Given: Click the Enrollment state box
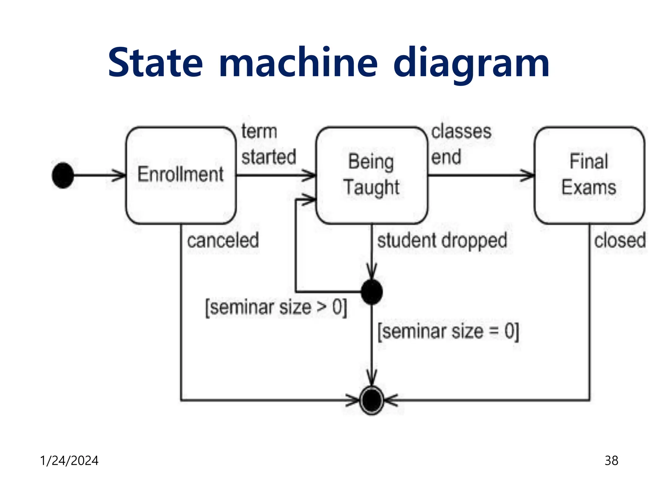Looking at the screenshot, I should [181, 175].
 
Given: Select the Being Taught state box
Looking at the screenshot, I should [372, 175].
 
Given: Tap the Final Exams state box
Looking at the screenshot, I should [589, 175].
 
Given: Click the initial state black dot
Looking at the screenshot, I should [63, 175].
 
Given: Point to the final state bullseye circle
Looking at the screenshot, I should [372, 400].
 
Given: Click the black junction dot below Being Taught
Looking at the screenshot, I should [372, 292].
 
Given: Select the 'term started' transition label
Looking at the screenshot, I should [268, 144].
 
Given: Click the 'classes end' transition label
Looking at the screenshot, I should [461, 144].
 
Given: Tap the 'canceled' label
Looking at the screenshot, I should [223, 241].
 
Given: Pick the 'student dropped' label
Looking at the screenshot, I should [442, 241].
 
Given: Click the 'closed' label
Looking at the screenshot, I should [620, 241].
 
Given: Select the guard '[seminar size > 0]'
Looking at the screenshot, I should [276, 307].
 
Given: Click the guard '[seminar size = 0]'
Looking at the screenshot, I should [448, 332].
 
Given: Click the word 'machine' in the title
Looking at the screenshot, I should [298, 63].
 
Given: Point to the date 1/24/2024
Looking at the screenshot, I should [69, 461].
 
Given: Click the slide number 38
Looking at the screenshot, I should [611, 461].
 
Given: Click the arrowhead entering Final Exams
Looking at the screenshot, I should [529, 175].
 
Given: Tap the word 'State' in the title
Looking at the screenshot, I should [156, 63].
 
